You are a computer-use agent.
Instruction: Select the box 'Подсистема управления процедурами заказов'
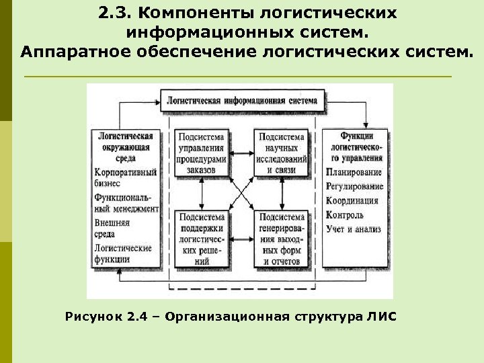[x=201, y=153]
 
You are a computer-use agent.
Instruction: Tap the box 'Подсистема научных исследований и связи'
[x=282, y=153]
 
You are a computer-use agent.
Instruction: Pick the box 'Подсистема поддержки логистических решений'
[x=201, y=238]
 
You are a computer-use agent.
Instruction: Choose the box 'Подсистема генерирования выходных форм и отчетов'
[x=282, y=238]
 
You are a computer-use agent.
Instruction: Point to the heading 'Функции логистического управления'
[x=356, y=147]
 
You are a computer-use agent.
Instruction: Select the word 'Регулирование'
[x=354, y=186]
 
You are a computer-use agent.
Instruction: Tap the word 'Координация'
[x=352, y=200]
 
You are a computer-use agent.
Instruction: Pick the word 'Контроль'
[x=344, y=215]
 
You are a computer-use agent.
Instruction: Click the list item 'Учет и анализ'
[x=353, y=229]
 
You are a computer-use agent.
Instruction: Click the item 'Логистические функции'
[x=123, y=253]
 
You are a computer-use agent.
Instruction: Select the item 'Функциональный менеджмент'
[x=126, y=203]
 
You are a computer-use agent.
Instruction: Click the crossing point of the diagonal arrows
[x=241, y=195]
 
